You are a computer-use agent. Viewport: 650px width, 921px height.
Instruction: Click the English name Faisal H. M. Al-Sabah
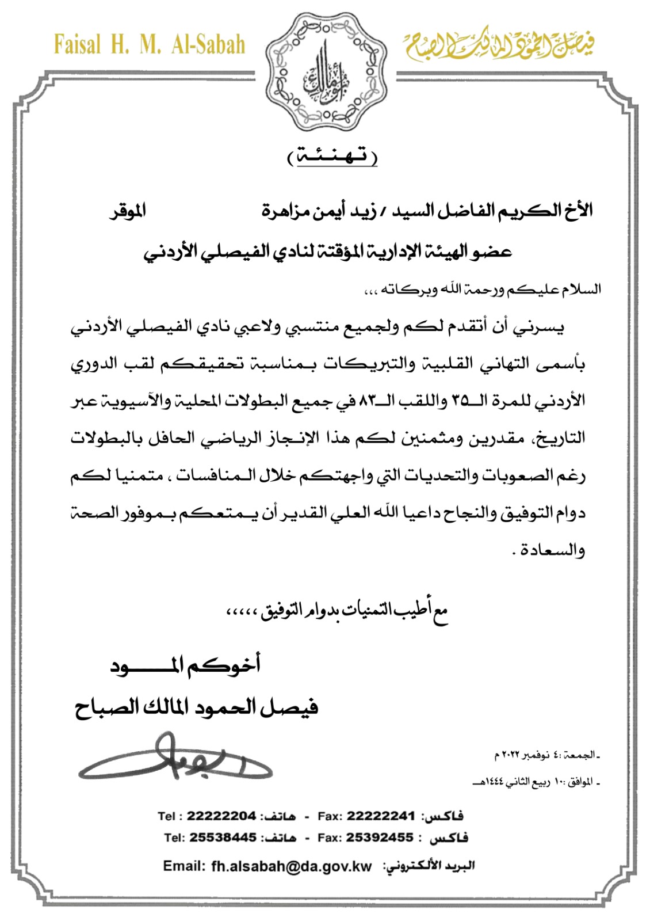(x=150, y=45)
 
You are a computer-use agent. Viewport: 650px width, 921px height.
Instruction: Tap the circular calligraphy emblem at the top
(x=326, y=72)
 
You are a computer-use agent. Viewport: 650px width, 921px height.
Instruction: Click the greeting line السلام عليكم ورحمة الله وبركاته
(x=483, y=288)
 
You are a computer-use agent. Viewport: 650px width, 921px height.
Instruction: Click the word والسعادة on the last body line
(x=553, y=550)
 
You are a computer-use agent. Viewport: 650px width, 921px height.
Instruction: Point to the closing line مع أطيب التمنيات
(x=337, y=612)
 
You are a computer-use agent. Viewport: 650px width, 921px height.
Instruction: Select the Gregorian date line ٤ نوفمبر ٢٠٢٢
(x=546, y=755)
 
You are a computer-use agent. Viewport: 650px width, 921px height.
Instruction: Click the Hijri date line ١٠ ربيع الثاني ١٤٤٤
(x=535, y=782)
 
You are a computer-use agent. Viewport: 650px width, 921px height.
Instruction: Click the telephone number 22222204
(x=221, y=816)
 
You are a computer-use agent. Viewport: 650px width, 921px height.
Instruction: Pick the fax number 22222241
(x=380, y=816)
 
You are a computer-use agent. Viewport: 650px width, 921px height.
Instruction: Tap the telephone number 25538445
(x=223, y=838)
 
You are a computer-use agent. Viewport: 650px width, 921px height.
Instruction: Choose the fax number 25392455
(x=380, y=838)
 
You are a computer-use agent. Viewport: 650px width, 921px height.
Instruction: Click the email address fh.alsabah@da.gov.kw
(x=292, y=866)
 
